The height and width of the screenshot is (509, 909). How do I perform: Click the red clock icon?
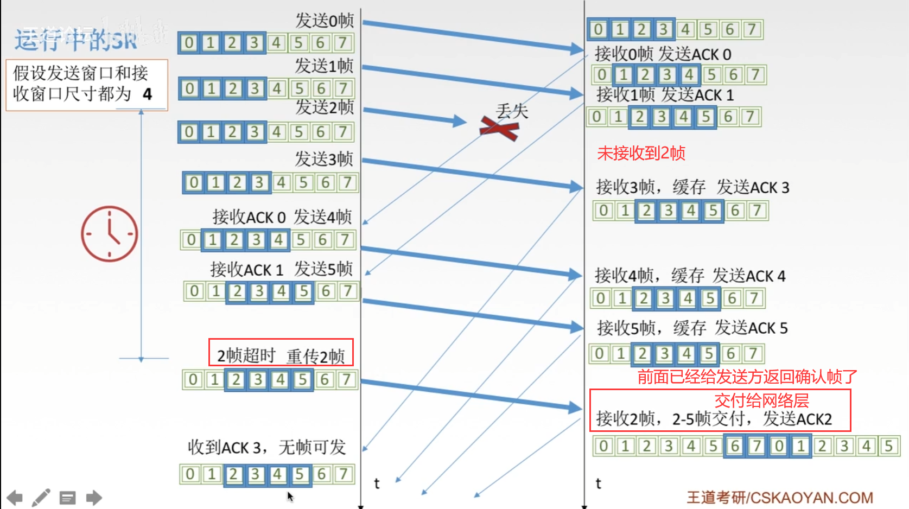(110, 234)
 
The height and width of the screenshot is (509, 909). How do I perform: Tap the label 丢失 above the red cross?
(512, 111)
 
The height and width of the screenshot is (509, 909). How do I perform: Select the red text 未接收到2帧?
(641, 153)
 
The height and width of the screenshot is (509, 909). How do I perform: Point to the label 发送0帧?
(324, 21)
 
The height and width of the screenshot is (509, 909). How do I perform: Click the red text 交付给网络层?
(761, 400)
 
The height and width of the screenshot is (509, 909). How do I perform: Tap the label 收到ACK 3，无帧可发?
(266, 447)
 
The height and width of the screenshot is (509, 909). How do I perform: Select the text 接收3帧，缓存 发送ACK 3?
(692, 187)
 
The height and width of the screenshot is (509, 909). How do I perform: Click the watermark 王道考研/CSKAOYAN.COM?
(780, 497)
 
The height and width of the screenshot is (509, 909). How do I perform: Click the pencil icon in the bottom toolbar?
(41, 497)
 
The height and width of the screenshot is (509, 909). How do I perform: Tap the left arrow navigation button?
(15, 497)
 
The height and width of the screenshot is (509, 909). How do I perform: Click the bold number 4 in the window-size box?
(147, 94)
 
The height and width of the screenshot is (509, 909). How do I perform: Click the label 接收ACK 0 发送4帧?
(282, 217)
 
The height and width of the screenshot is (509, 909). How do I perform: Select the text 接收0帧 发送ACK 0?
(663, 54)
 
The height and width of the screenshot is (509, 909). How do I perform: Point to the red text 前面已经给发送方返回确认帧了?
(747, 377)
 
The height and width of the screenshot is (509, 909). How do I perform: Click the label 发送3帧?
(323, 158)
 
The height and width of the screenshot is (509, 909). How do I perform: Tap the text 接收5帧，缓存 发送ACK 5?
(692, 328)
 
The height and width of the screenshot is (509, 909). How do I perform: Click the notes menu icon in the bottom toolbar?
(68, 497)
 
